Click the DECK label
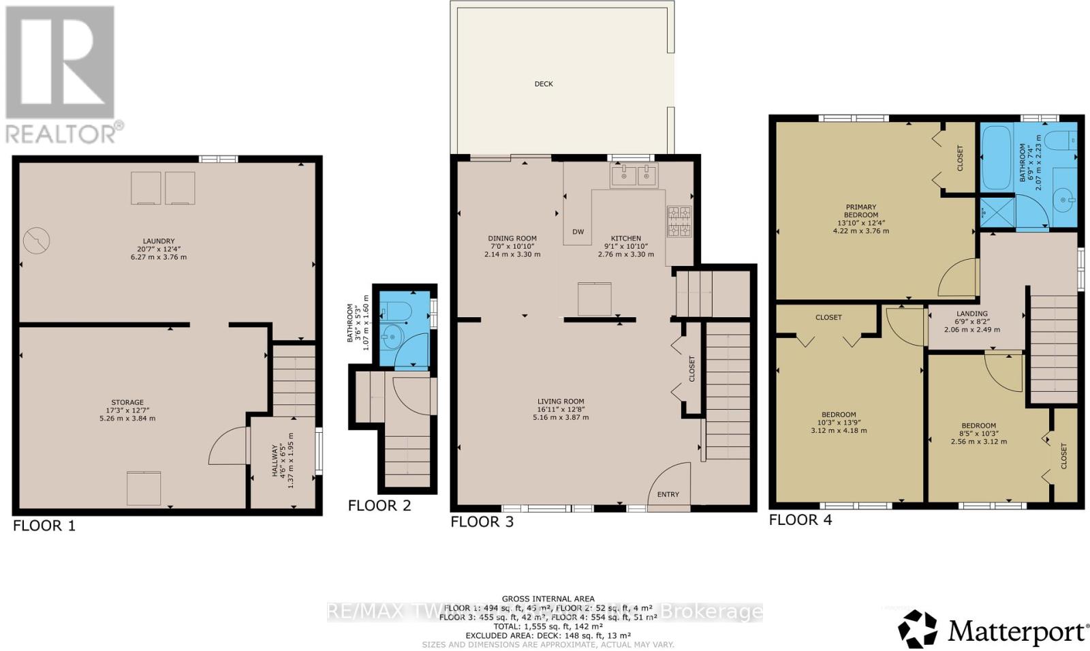(x=544, y=84)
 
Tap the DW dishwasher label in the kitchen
(x=578, y=232)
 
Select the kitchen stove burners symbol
(x=679, y=222)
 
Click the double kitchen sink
(x=634, y=177)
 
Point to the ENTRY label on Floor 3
(x=668, y=494)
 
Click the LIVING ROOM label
(x=560, y=402)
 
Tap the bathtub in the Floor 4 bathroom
(x=995, y=157)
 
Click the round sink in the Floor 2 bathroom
(x=392, y=336)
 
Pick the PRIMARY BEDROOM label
(x=860, y=211)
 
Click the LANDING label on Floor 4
(x=971, y=314)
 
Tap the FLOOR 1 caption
(x=44, y=526)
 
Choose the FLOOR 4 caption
(x=800, y=520)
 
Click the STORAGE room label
(x=127, y=402)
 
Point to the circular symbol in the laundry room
(x=36, y=241)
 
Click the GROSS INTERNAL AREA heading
(x=548, y=599)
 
